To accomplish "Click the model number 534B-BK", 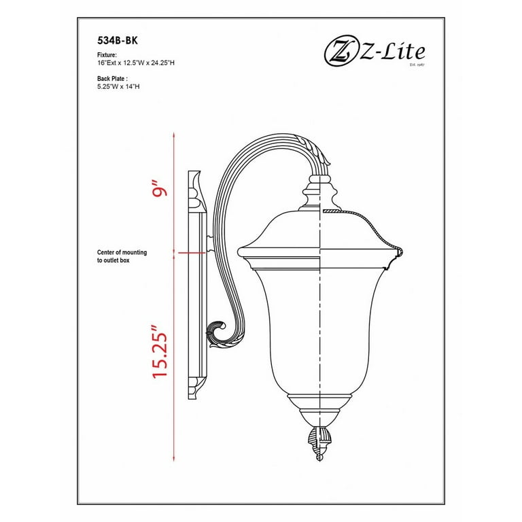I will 113,40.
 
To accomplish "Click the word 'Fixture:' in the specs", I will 107,54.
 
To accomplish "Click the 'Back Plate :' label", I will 112,79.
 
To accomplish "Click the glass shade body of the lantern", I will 317,326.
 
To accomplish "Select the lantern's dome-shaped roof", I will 317,231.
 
